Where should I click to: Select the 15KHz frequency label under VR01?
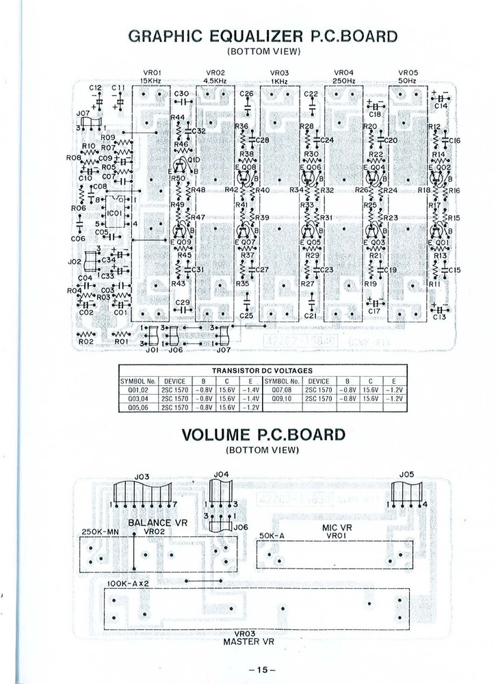[x=150, y=81]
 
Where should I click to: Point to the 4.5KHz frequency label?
[x=215, y=81]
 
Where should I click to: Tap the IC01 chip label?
[x=114, y=213]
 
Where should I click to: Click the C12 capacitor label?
[x=96, y=88]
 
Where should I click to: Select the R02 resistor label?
[x=86, y=341]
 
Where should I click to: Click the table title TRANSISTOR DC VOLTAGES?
[x=262, y=371]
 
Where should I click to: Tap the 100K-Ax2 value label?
[x=129, y=583]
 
